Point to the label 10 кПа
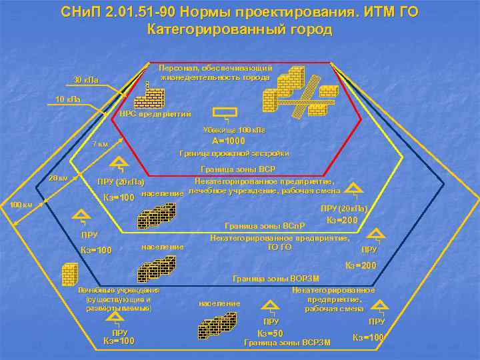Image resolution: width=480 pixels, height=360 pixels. (67, 100)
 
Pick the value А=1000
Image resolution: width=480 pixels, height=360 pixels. (229, 141)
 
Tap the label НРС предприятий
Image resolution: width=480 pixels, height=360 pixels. (155, 113)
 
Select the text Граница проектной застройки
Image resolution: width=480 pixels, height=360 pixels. (234, 154)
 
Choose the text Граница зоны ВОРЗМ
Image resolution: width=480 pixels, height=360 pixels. (275, 278)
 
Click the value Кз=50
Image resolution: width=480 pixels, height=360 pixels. (271, 333)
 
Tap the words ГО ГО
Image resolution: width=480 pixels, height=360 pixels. (279, 247)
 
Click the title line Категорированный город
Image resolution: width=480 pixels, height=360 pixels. (239, 30)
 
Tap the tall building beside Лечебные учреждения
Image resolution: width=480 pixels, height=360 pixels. (69, 275)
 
